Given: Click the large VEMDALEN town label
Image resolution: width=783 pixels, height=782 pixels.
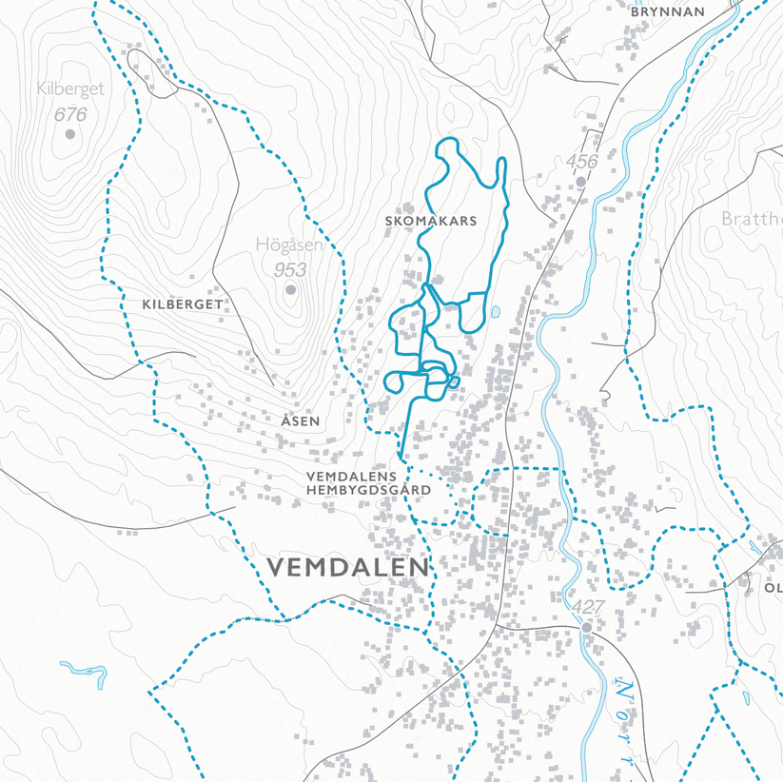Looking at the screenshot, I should [348, 568].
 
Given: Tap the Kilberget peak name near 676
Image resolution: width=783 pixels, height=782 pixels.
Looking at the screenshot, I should [69, 89].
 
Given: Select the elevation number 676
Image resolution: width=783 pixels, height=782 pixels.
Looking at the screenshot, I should [70, 114].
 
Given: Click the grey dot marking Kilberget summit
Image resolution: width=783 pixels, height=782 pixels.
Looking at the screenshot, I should [69, 134].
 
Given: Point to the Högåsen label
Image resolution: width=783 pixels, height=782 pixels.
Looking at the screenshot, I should [289, 244].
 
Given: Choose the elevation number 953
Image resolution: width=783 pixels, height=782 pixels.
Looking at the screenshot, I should [290, 270].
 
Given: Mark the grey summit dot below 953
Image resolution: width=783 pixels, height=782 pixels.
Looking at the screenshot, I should [290, 289].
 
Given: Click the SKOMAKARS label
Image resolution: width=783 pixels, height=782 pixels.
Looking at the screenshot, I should [430, 221].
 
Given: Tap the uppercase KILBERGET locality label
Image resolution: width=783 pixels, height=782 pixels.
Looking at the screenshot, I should [182, 304].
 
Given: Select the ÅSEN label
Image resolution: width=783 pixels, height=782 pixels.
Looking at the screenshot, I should [301, 420].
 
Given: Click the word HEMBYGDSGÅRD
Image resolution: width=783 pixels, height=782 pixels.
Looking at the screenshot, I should [369, 490].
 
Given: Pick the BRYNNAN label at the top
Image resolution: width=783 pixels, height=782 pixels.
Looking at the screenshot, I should [668, 12].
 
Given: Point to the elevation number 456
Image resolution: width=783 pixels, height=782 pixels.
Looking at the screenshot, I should [581, 162].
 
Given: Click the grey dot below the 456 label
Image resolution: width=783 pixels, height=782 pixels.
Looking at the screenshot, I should [580, 180].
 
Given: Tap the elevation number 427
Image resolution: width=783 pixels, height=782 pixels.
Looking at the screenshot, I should [587, 607].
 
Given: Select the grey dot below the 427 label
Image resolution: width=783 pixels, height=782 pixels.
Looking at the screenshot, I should [587, 627].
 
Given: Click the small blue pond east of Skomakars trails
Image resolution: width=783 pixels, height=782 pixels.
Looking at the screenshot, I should [495, 311].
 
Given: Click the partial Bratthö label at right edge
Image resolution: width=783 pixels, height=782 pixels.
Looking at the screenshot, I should [752, 219].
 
